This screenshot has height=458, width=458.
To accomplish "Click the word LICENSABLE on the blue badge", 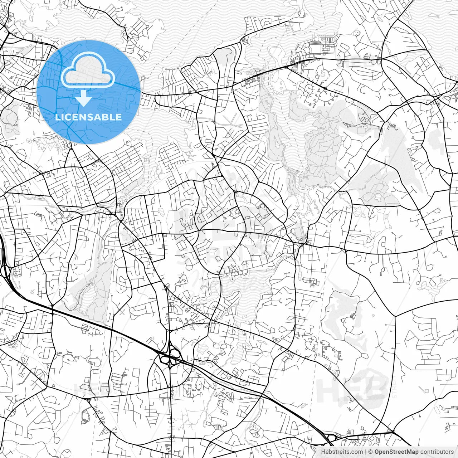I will click(88, 117).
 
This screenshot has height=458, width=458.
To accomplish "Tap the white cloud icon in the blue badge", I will click(88, 71).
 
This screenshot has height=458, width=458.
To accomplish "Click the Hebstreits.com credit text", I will click(342, 452).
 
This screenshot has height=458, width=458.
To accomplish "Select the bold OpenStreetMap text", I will click(396, 452).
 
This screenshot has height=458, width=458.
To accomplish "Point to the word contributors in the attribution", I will click(437, 452).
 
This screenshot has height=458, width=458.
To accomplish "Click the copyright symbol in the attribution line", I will click(371, 452).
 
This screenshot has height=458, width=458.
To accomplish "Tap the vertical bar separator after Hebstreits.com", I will click(366, 452).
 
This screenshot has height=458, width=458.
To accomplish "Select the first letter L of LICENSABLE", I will click(57, 117).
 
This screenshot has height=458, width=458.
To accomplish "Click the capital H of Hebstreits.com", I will click(323, 452).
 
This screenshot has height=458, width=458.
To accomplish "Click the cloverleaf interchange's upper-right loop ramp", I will click(175, 352).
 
